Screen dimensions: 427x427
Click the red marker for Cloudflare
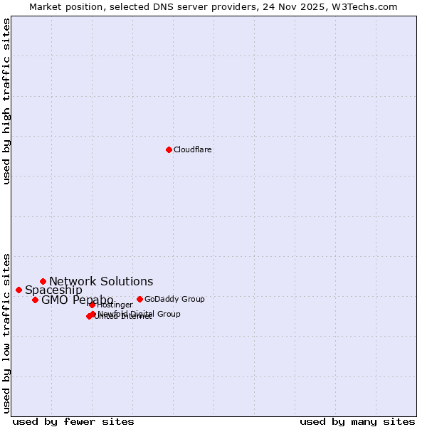pyautogui.click(x=169, y=149)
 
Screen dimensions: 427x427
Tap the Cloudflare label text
pyautogui.click(x=193, y=149)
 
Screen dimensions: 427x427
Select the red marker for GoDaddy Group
pyautogui.click(x=139, y=299)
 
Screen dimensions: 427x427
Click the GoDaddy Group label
pyautogui.click(x=174, y=299)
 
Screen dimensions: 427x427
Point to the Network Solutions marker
pyautogui.click(x=43, y=281)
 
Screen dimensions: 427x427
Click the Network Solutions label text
pyautogui.click(x=101, y=281)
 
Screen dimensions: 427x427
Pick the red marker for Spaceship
pyautogui.click(x=19, y=290)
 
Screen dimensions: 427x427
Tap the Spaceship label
pyautogui.click(x=53, y=290)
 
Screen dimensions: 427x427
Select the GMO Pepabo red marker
pyautogui.click(x=35, y=300)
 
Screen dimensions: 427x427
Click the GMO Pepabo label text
pyautogui.click(x=77, y=300)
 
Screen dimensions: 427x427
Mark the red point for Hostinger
pyautogui.click(x=92, y=305)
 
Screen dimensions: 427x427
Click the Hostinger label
pyautogui.click(x=115, y=305)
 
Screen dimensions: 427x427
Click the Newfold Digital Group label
pyautogui.click(x=139, y=314)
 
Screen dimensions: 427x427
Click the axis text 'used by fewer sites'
pyautogui.click(x=73, y=421)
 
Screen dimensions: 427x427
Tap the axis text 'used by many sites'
pyautogui.click(x=357, y=421)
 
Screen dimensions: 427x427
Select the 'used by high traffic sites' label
pyautogui.click(x=6, y=101)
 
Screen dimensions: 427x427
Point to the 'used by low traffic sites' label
pyautogui.click(x=6, y=332)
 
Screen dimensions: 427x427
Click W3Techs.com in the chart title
pyautogui.click(x=363, y=6)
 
